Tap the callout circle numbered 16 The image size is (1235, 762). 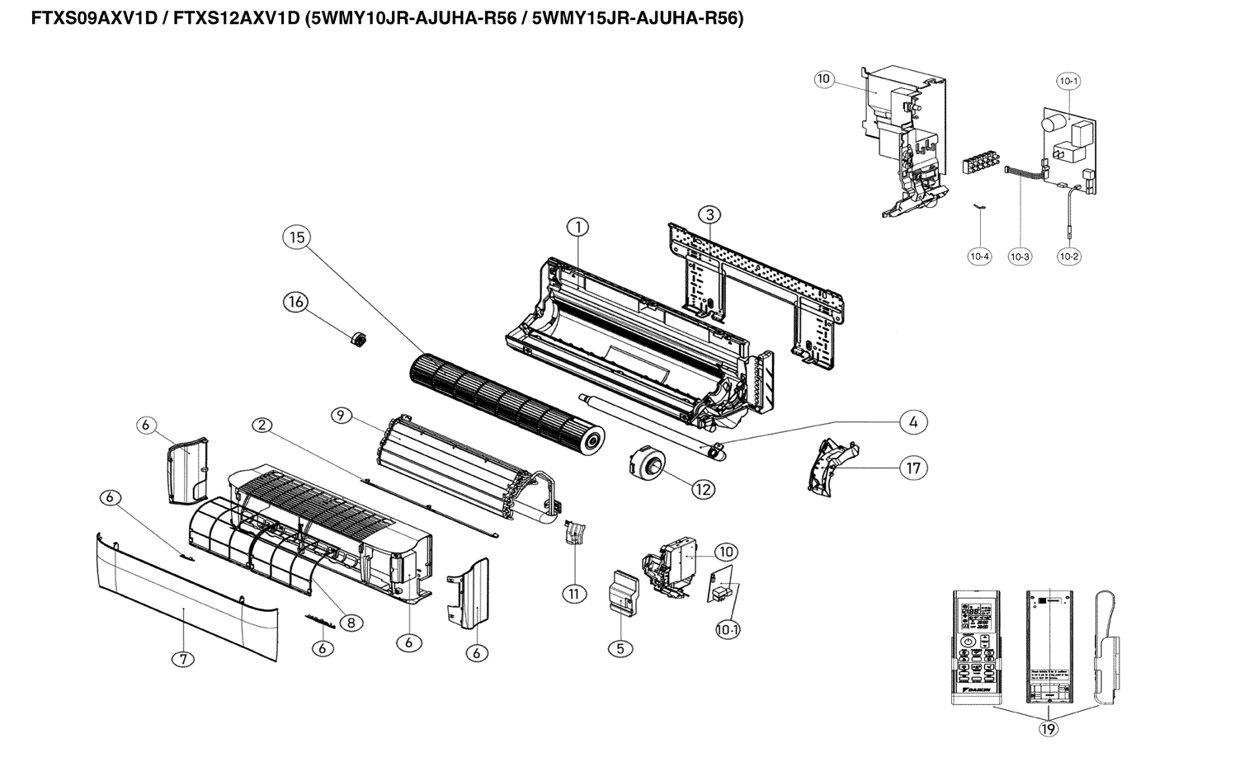click(295, 302)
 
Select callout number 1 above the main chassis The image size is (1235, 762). click(577, 226)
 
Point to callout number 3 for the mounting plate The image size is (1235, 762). click(709, 214)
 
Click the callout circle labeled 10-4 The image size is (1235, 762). click(979, 256)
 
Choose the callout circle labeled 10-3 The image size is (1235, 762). click(1021, 256)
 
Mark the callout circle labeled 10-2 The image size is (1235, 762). click(1068, 256)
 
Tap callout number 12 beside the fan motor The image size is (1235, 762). click(703, 488)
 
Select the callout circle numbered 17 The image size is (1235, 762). click(913, 468)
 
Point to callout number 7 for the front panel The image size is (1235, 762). click(183, 658)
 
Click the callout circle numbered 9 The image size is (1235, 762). click(340, 415)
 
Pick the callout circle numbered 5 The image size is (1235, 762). click(620, 648)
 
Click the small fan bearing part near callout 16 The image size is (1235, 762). click(357, 338)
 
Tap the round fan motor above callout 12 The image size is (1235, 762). click(643, 459)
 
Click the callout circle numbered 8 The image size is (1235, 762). click(351, 623)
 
